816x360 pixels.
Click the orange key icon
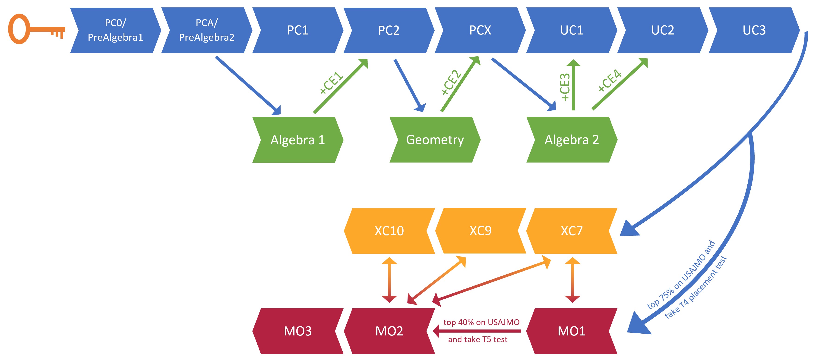tap(35, 29)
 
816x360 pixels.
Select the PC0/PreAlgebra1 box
tap(115, 30)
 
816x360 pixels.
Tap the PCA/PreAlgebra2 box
tap(206, 30)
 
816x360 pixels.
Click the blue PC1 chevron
tap(298, 30)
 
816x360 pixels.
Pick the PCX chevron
tap(480, 30)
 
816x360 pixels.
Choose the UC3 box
tap(754, 30)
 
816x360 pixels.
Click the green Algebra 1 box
tap(298, 140)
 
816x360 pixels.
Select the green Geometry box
tap(435, 140)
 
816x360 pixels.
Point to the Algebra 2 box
tap(572, 140)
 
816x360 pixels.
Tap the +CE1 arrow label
tap(331, 83)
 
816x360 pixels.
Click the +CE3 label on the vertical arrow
tap(565, 87)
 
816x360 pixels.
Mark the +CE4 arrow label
tap(610, 81)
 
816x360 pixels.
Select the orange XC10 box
tap(389, 231)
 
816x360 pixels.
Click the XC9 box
tap(481, 231)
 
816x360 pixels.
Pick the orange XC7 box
tap(572, 231)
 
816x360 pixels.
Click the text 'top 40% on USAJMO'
tap(481, 322)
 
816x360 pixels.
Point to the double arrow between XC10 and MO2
tap(389, 280)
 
